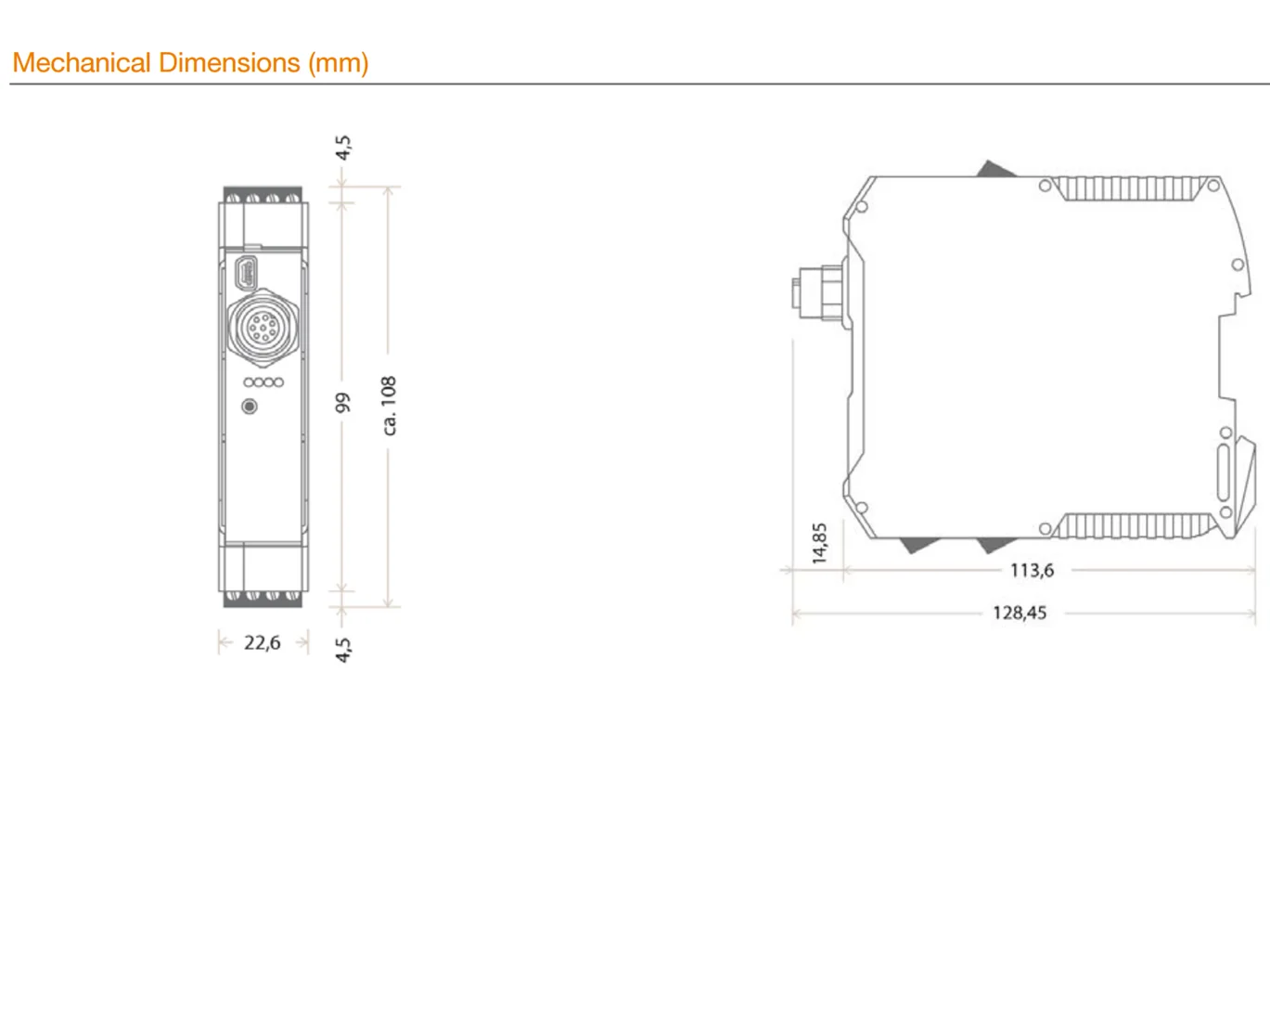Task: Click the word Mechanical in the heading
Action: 82,62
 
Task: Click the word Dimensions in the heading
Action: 229,62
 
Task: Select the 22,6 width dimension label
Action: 262,642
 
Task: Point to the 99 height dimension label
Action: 342,403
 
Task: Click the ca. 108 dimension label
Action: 389,406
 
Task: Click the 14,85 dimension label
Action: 819,543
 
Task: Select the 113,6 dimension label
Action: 1032,571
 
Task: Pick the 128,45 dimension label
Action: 1020,613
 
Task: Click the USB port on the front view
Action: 246,274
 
